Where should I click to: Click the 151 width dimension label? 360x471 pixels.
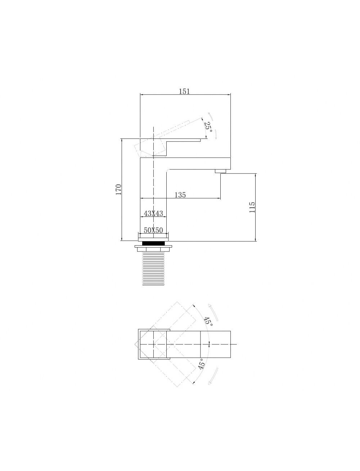(x=184, y=91)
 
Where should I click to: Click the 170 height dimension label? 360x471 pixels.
(x=119, y=189)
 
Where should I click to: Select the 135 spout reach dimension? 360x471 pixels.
(x=180, y=195)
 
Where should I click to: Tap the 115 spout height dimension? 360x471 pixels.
(x=252, y=207)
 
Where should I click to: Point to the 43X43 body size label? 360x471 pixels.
(x=153, y=213)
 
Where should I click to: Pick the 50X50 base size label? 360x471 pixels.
(x=153, y=230)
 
